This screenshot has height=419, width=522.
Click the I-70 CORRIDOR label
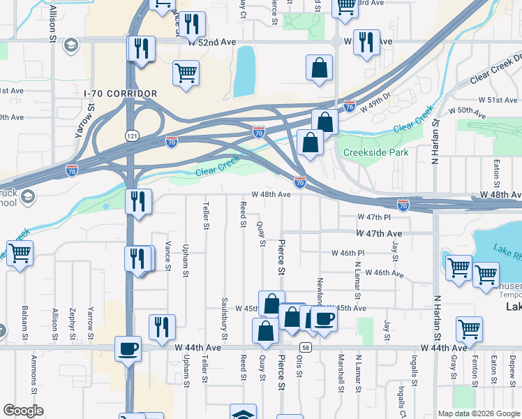click(120, 93)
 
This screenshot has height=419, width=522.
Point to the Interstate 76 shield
click(350, 107)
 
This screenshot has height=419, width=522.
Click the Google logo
click(23, 411)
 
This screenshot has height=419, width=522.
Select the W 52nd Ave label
click(212, 42)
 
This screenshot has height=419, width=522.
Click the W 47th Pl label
click(371, 218)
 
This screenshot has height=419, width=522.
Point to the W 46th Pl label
click(348, 253)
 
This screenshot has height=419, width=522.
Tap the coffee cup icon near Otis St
click(323, 318)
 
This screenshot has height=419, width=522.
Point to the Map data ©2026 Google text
click(478, 413)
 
